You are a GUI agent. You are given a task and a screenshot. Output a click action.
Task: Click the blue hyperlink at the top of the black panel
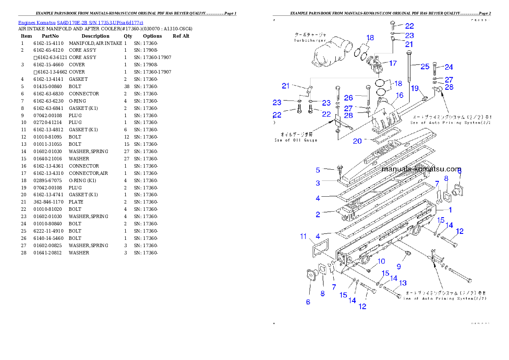(80, 22)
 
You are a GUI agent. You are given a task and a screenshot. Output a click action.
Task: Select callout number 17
(392, 63)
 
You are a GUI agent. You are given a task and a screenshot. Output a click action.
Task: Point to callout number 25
(425, 66)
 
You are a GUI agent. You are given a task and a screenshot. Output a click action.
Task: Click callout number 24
(449, 67)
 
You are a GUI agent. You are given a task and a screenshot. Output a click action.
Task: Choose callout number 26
(348, 98)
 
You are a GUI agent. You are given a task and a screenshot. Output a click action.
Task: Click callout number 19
(415, 88)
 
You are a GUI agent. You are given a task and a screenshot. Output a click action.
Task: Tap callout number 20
(357, 141)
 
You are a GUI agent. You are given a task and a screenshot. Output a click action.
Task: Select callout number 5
(318, 170)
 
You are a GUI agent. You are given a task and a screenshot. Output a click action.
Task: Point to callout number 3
(318, 183)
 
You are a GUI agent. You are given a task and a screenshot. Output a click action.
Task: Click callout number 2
(318, 215)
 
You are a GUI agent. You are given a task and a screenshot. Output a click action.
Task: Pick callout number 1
(450, 210)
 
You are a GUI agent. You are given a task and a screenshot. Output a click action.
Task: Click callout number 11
(303, 236)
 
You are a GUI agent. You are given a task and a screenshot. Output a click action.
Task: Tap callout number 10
(381, 261)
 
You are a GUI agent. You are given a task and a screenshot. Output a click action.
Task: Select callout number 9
(398, 266)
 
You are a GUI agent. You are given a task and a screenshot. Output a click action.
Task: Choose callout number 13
(402, 283)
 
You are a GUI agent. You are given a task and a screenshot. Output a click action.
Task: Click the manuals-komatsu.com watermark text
(421, 169)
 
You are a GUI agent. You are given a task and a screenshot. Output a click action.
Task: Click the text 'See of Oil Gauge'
(296, 140)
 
